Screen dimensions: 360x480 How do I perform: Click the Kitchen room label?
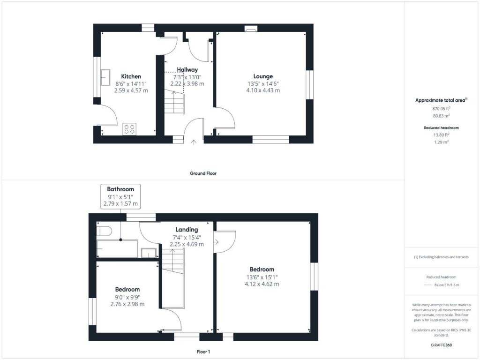[131, 76]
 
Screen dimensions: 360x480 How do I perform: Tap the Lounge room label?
[263, 76]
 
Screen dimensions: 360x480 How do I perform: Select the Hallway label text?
[187, 70]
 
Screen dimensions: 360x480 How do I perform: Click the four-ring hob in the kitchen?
[129, 128]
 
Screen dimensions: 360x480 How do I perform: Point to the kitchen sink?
[105, 77]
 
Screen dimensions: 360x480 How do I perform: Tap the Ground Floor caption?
[203, 173]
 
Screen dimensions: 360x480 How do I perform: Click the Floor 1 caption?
[203, 351]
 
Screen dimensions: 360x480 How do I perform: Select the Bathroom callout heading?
[120, 189]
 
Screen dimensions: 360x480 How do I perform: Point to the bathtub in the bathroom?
[117, 248]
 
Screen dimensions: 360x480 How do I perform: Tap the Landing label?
[187, 230]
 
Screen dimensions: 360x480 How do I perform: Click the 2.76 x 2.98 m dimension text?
[127, 304]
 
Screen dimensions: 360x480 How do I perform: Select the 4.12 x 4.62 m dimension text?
[262, 284]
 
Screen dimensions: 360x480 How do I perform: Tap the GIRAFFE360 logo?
[441, 345]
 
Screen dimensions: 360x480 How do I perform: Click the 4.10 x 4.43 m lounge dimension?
[263, 90]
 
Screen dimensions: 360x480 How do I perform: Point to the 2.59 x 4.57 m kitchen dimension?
[131, 90]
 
